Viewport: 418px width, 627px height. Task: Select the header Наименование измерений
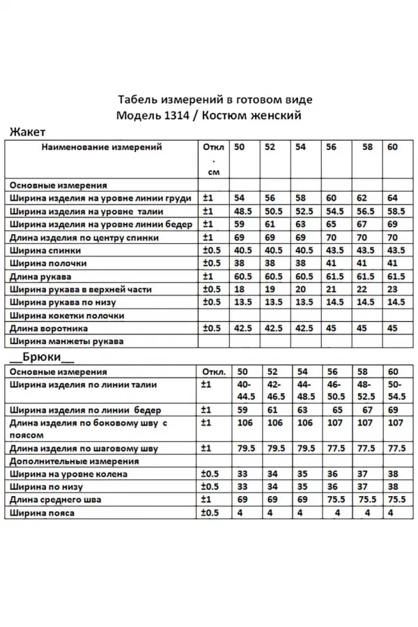point(102,147)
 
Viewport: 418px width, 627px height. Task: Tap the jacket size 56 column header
point(331,147)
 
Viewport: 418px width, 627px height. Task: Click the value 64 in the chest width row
point(392,199)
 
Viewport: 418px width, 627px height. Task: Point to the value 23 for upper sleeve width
point(392,289)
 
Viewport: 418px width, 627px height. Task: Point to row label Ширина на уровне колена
point(69,474)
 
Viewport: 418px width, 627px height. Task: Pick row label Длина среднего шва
point(56,500)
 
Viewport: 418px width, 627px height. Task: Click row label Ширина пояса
point(42,513)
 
